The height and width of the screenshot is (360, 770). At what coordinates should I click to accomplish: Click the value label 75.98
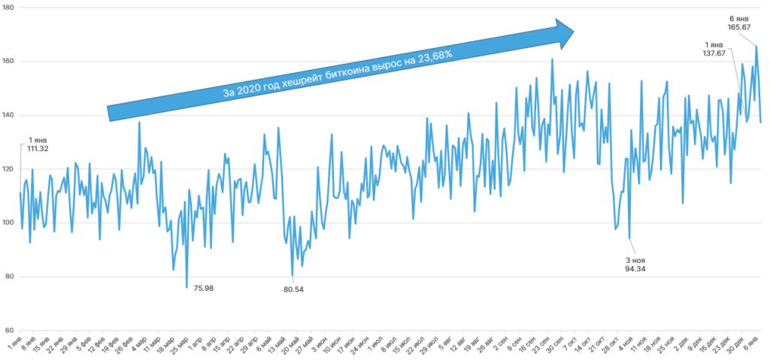[204, 289]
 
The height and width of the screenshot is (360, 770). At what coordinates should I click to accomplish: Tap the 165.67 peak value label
[739, 27]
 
